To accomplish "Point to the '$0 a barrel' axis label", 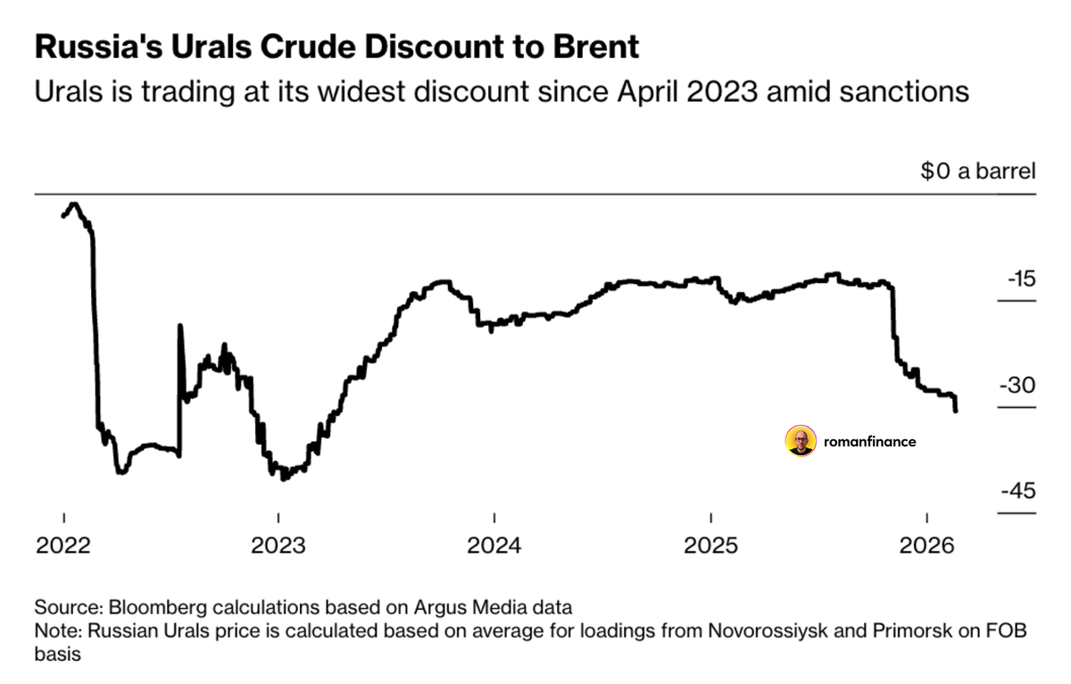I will (978, 171).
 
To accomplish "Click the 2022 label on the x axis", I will (63, 545).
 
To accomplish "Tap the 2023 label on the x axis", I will (278, 545).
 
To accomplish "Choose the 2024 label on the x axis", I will (494, 545).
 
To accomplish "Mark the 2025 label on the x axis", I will (710, 545).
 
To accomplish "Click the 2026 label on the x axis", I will (926, 545).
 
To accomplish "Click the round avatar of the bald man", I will (801, 440).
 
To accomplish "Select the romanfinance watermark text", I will (870, 441).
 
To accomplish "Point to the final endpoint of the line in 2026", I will (957, 411).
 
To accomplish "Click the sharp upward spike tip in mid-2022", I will (180, 326).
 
